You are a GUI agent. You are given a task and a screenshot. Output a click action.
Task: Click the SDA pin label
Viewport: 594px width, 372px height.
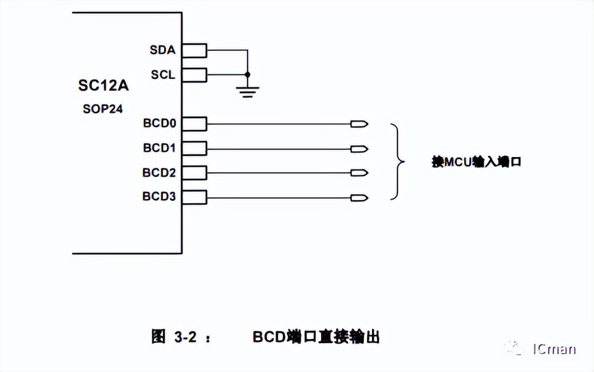click(162, 50)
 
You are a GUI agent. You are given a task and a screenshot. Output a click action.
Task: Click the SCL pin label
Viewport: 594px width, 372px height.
click(162, 75)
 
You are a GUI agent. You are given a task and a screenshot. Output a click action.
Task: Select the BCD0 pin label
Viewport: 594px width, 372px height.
click(159, 123)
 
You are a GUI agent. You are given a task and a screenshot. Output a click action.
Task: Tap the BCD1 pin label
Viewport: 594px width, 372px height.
click(159, 148)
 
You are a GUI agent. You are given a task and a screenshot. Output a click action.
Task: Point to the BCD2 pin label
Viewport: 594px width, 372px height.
click(159, 172)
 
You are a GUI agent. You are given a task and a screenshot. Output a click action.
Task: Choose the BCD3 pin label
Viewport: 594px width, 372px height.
click(159, 197)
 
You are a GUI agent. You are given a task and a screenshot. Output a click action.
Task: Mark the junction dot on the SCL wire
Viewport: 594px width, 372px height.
click(247, 75)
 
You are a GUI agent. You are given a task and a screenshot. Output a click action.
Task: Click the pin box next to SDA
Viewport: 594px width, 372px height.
click(194, 51)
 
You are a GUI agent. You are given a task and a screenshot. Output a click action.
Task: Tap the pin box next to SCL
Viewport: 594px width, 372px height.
click(194, 75)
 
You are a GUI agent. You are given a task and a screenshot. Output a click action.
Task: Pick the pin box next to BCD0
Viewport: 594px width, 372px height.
click(194, 124)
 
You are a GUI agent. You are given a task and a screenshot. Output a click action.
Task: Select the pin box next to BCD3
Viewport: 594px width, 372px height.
click(194, 197)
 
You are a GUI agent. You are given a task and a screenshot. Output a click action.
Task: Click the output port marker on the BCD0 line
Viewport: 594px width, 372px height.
click(359, 124)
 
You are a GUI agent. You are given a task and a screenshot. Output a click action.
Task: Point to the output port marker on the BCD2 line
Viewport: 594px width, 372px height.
click(359, 172)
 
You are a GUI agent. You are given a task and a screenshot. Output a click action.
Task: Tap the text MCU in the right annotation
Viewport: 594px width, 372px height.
click(456, 161)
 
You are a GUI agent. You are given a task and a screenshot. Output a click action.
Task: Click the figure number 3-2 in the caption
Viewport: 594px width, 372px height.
click(185, 337)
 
